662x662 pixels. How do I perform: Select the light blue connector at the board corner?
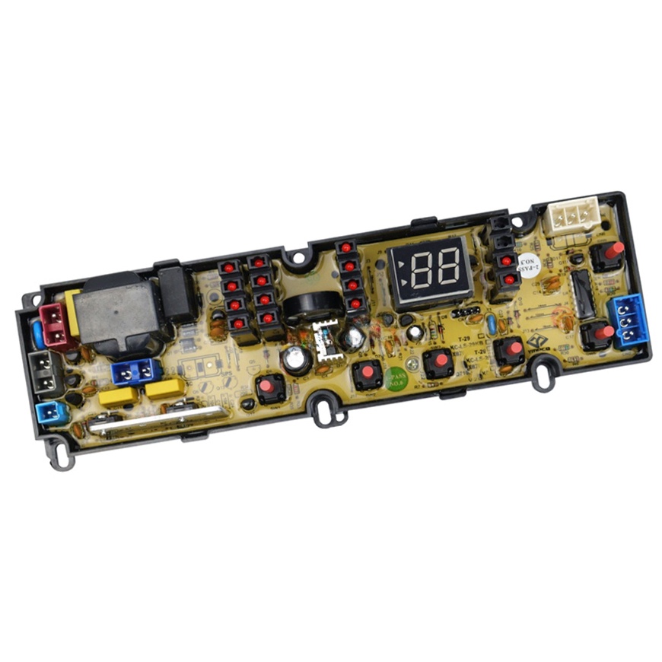50,412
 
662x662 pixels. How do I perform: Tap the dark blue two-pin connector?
135,371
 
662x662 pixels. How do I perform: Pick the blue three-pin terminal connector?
629,320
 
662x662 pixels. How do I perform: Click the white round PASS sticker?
527,267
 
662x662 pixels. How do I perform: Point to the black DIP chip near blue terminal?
583,295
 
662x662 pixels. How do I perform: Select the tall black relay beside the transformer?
175,292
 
